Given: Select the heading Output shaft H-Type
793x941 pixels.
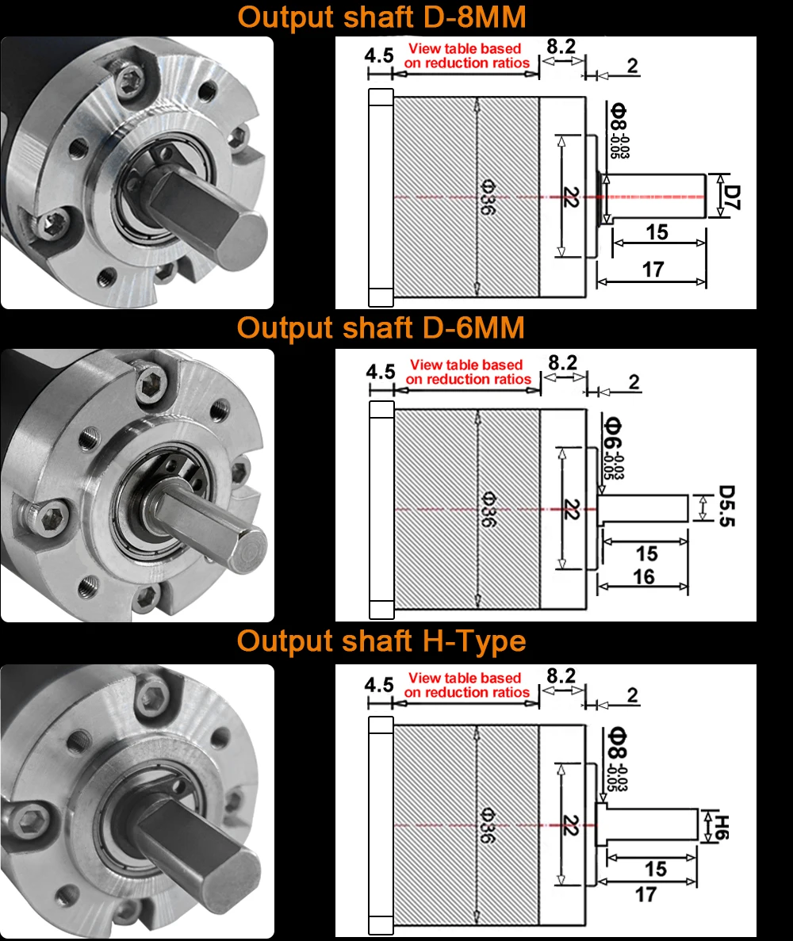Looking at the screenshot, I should pos(381,641).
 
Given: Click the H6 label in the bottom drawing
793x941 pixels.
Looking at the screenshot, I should pos(722,825).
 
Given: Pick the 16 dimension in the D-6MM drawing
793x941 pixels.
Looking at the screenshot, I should pos(644,576).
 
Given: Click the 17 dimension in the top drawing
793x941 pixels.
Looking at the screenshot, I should pos(652,270).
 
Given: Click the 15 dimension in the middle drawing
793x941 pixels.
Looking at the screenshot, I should pos(646,553).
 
